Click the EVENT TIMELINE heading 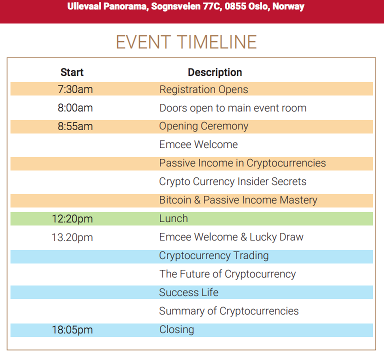click(186, 42)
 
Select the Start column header click(72, 72)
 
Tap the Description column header click(215, 72)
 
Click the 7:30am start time click(75, 89)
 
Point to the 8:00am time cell click(75, 108)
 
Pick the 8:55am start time click(75, 126)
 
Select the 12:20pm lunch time click(72, 219)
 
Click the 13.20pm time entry click(72, 237)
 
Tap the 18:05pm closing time click(72, 330)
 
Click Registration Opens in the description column click(203, 89)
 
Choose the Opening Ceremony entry click(203, 126)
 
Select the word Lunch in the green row click(173, 218)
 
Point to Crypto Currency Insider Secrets click(232, 181)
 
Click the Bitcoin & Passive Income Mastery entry click(238, 200)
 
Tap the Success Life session click(188, 292)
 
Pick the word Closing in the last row click(176, 329)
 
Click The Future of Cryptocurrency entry click(227, 274)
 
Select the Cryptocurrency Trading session click(214, 256)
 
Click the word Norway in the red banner click(288, 6)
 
